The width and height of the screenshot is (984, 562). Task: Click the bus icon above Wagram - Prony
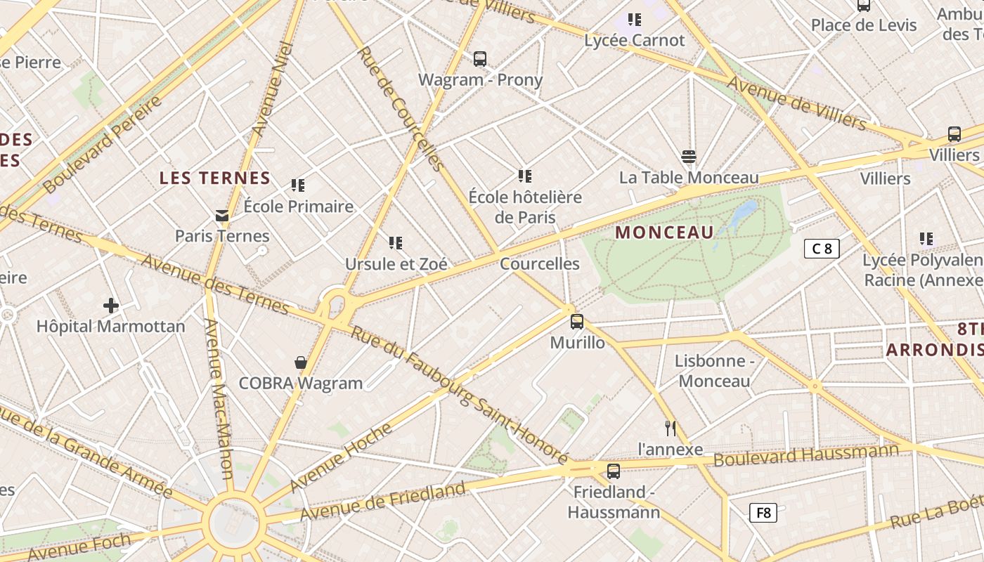[x=480, y=59]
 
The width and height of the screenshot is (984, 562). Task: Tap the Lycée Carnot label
[x=634, y=40]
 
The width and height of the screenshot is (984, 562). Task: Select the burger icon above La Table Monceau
[x=689, y=157]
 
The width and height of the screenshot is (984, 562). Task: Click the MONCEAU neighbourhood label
[x=664, y=233]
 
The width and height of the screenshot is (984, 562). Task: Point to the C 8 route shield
[x=822, y=248]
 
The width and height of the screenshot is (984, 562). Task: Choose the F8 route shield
[x=763, y=513]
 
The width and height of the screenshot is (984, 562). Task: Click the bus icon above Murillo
[x=577, y=322]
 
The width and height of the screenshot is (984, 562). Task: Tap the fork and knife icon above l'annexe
[x=671, y=428]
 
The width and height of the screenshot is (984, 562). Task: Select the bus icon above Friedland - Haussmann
[x=614, y=471]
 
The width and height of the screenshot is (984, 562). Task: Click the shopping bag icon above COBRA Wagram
[x=301, y=362]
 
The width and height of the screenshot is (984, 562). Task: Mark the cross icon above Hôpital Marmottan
[x=111, y=306]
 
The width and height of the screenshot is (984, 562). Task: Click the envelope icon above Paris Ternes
[x=222, y=216]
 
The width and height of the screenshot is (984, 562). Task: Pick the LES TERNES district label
[x=215, y=178]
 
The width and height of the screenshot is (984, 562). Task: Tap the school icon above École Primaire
[x=298, y=185]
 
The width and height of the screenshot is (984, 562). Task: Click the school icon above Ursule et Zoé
[x=396, y=243]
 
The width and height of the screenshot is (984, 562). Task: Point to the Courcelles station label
[x=540, y=264]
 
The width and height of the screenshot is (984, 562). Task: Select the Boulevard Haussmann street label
[x=806, y=455]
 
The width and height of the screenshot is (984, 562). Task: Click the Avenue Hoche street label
[x=340, y=458]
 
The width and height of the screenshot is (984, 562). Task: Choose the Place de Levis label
[x=864, y=25]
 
